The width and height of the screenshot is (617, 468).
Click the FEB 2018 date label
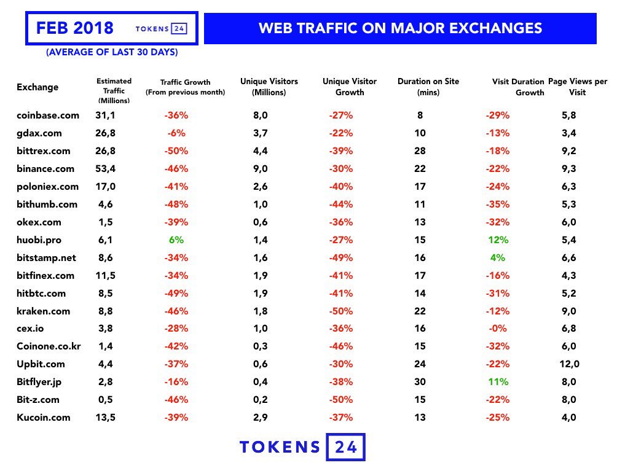75,28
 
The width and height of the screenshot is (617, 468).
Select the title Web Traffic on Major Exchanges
400,28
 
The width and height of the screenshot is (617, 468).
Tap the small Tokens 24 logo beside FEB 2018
161,29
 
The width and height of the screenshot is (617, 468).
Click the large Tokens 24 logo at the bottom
302,447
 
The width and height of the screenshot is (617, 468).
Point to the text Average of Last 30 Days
112,53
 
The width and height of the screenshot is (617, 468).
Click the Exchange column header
37,87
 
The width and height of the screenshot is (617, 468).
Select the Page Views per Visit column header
577,87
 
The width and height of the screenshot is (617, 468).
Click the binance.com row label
45,169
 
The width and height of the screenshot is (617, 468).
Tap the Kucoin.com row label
44,418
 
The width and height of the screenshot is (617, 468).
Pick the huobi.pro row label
40,240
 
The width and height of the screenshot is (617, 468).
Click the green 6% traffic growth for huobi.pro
176,240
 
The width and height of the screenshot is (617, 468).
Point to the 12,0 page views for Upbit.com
569,364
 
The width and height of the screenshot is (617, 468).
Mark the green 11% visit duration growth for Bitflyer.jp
498,382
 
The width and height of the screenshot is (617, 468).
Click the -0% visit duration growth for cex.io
498,329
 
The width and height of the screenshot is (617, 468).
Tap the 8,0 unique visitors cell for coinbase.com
261,115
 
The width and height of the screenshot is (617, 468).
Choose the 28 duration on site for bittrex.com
420,151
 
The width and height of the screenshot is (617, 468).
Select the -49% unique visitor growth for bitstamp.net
340,258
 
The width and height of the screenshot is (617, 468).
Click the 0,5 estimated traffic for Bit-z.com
106,400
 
